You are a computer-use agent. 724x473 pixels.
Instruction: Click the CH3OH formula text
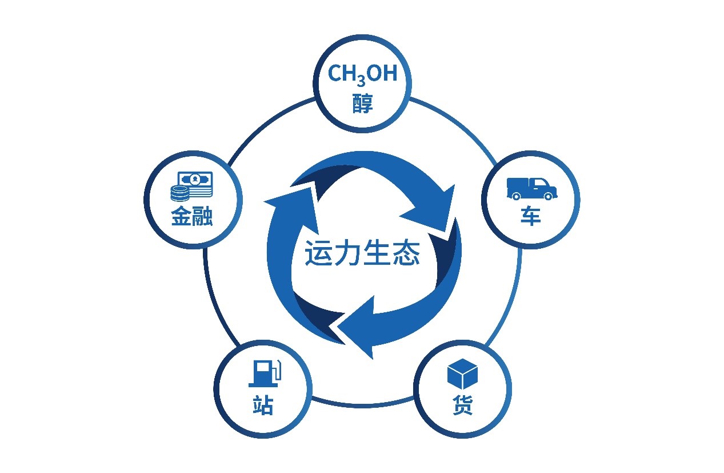click(362, 74)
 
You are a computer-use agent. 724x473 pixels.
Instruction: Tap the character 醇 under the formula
click(362, 104)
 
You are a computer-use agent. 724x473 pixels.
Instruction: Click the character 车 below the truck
click(531, 216)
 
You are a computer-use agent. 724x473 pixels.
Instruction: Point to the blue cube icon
click(462, 374)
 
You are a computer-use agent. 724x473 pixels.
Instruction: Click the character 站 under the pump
click(263, 405)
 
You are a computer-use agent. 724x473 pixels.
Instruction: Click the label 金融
click(192, 216)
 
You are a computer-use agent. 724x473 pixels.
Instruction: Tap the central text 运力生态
click(362, 253)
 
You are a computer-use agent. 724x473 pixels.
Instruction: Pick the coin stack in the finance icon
click(179, 193)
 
